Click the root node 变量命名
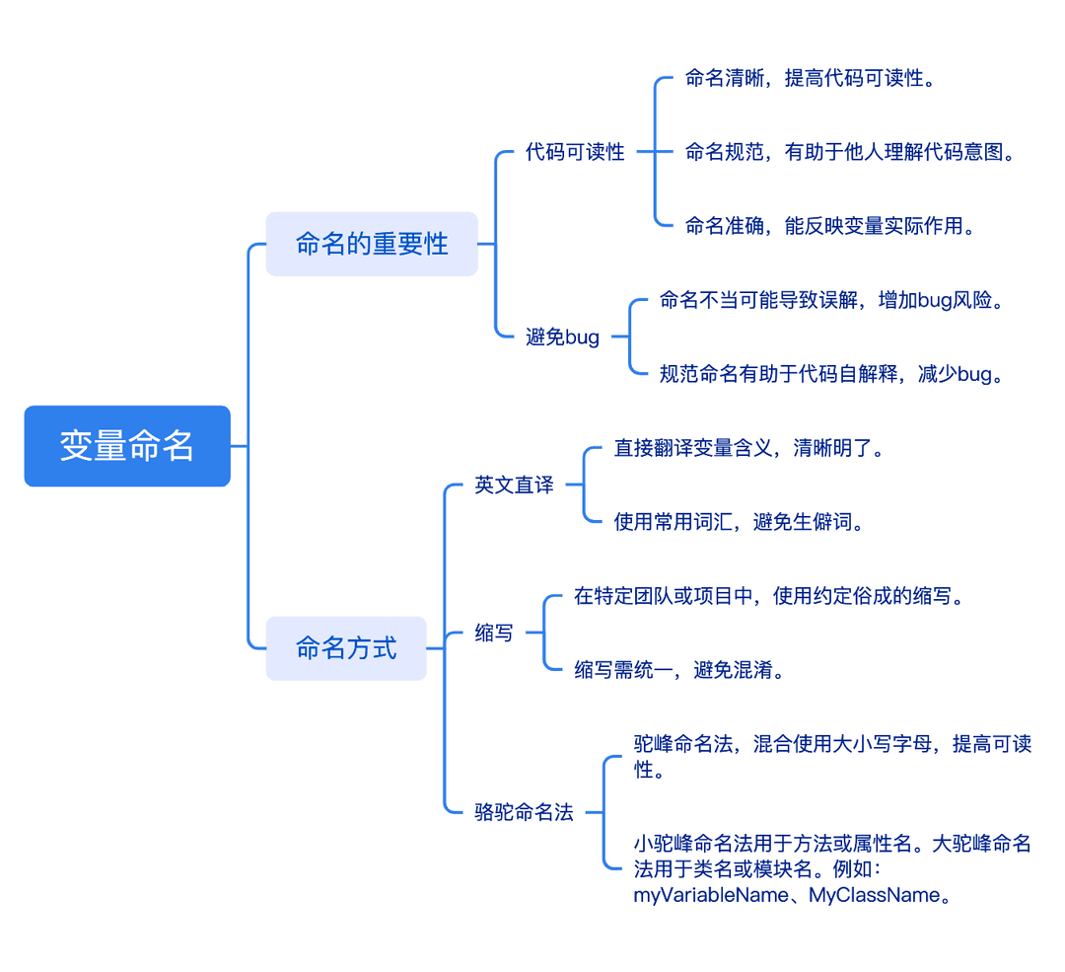tap(127, 446)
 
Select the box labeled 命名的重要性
tap(372, 244)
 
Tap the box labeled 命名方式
tap(346, 648)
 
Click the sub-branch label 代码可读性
tap(575, 152)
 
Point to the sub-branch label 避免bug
tap(562, 337)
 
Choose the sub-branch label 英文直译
tap(514, 485)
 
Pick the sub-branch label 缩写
tap(494, 633)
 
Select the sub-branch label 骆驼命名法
tap(524, 811)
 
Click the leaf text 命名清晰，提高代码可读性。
tap(810, 78)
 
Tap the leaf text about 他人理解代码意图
tap(850, 152)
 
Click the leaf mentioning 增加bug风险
tap(831, 300)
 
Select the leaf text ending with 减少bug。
tap(831, 374)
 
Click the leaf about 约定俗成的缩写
tap(769, 596)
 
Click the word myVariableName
tap(711, 895)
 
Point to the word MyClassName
tap(874, 895)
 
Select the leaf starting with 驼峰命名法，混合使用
tap(832, 757)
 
